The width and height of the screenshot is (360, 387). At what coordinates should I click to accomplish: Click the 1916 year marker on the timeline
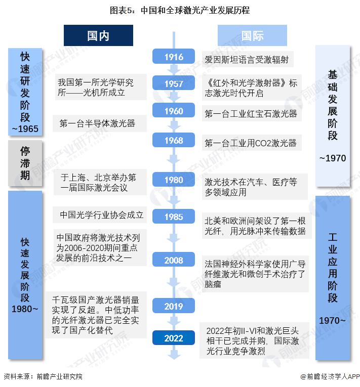174,57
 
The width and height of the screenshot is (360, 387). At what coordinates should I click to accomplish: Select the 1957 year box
174,83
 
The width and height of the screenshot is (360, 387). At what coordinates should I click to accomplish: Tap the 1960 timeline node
174,110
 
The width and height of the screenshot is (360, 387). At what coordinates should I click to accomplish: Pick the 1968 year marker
174,140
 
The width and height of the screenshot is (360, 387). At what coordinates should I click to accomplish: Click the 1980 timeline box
174,179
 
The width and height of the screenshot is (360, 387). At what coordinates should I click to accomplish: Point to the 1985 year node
174,216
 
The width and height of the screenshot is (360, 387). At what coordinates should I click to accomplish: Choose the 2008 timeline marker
174,260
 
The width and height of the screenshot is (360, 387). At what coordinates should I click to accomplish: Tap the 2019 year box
174,306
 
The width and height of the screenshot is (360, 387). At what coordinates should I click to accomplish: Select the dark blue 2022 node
174,337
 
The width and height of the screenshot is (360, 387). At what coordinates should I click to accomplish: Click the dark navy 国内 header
98,35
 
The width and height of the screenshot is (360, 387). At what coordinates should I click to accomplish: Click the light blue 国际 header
252,35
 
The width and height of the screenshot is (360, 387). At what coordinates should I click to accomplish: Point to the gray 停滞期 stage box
25,163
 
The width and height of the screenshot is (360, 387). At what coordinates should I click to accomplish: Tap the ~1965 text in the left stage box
25,128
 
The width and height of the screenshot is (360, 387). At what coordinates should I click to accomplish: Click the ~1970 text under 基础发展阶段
333,158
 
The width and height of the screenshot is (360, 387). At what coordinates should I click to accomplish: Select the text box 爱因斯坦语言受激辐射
248,59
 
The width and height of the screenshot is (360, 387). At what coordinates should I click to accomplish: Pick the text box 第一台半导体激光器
100,123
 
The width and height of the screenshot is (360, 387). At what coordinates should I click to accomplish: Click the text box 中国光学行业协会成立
100,214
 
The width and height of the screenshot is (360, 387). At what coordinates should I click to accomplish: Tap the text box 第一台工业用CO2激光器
252,143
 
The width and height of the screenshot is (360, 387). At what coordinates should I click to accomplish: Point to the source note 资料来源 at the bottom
43,376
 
